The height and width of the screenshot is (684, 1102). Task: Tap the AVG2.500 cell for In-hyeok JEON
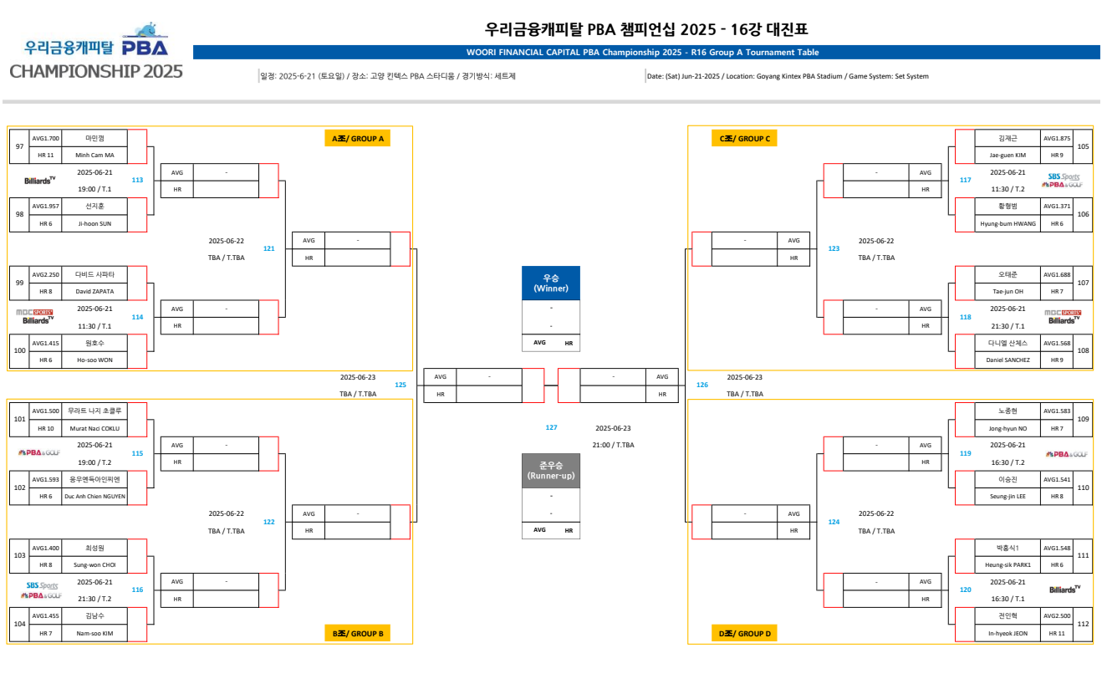click(1056, 616)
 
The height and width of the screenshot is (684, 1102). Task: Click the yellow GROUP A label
click(357, 139)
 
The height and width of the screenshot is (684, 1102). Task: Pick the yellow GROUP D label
click(744, 634)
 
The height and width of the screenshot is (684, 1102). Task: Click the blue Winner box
click(551, 283)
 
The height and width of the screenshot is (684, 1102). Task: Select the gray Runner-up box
click(551, 470)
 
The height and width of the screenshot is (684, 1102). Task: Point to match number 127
click(551, 427)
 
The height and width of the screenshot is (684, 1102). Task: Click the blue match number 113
click(137, 180)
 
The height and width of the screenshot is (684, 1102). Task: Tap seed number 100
click(19, 351)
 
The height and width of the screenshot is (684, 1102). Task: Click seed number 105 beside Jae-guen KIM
click(1083, 146)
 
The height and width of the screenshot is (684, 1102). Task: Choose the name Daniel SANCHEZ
click(1008, 360)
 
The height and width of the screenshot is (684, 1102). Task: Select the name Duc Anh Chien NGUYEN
click(94, 497)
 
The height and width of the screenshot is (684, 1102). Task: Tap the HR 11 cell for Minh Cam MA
click(45, 156)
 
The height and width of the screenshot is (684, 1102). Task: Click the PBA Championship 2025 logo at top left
click(96, 55)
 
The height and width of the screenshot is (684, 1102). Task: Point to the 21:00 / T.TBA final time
click(613, 445)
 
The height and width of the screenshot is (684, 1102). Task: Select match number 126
click(702, 385)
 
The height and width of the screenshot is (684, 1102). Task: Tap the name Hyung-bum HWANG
click(1008, 224)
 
